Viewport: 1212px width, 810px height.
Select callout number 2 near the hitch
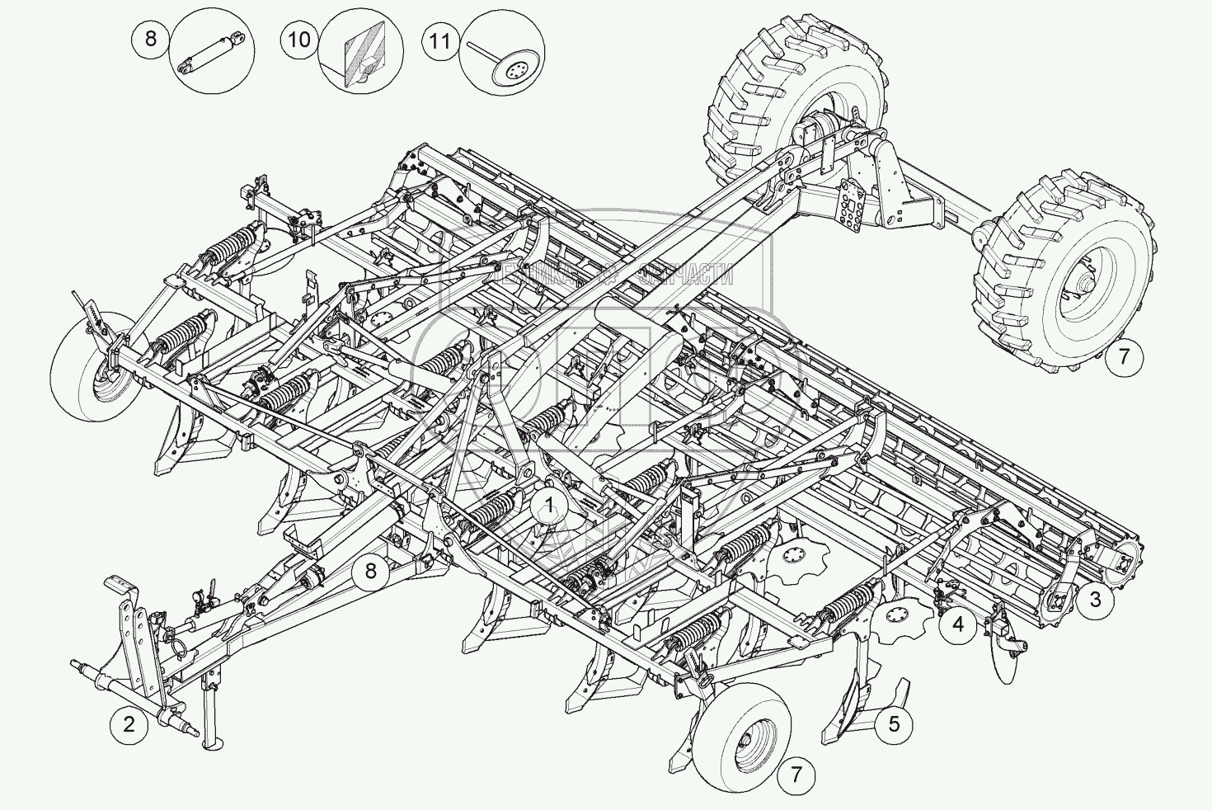[129, 725]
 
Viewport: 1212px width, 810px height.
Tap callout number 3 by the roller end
[1095, 600]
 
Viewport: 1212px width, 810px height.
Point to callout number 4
[957, 624]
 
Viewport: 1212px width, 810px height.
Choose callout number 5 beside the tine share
[895, 724]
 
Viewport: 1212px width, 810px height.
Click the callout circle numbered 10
[299, 40]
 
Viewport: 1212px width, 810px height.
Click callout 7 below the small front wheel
[796, 775]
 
